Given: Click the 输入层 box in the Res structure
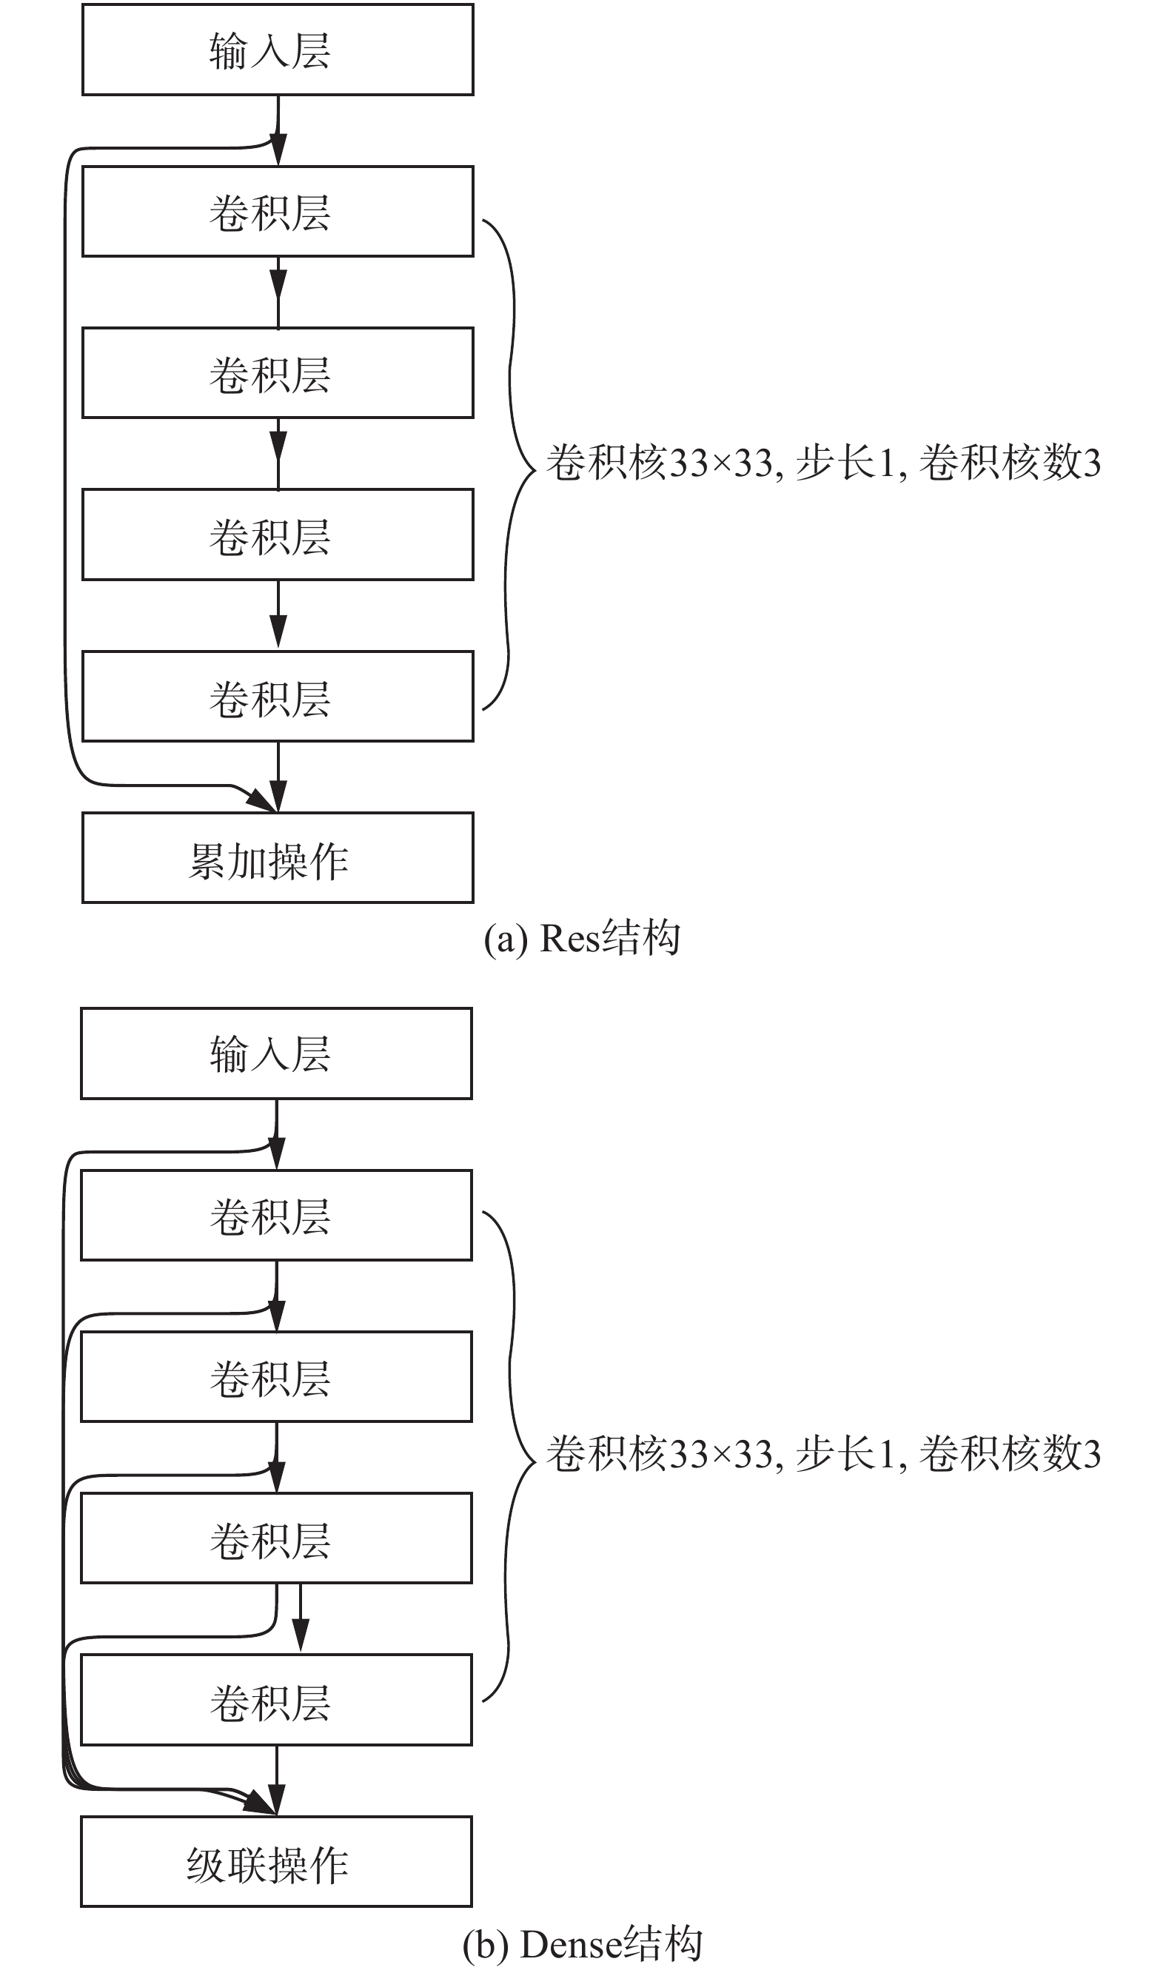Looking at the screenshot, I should pos(278,50).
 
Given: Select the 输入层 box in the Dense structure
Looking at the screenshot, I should pos(277,1054).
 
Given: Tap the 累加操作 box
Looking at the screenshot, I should pos(278,858).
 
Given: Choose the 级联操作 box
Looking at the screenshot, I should pos(277,1861).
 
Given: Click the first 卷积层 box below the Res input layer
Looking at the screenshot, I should pos(278,211).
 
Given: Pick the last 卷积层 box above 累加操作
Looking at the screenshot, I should pos(278,696).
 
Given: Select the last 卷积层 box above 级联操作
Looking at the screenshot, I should pos(277,1700).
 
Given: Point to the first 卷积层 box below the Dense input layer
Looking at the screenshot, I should pos(277,1216).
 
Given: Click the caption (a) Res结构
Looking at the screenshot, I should pos(581,938).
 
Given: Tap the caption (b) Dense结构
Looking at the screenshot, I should pos(581,1945).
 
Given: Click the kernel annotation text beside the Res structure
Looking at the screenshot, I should pos(822,462).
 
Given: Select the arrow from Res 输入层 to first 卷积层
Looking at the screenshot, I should pos(278,130).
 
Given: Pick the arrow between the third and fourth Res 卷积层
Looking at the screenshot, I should pos(278,616).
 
